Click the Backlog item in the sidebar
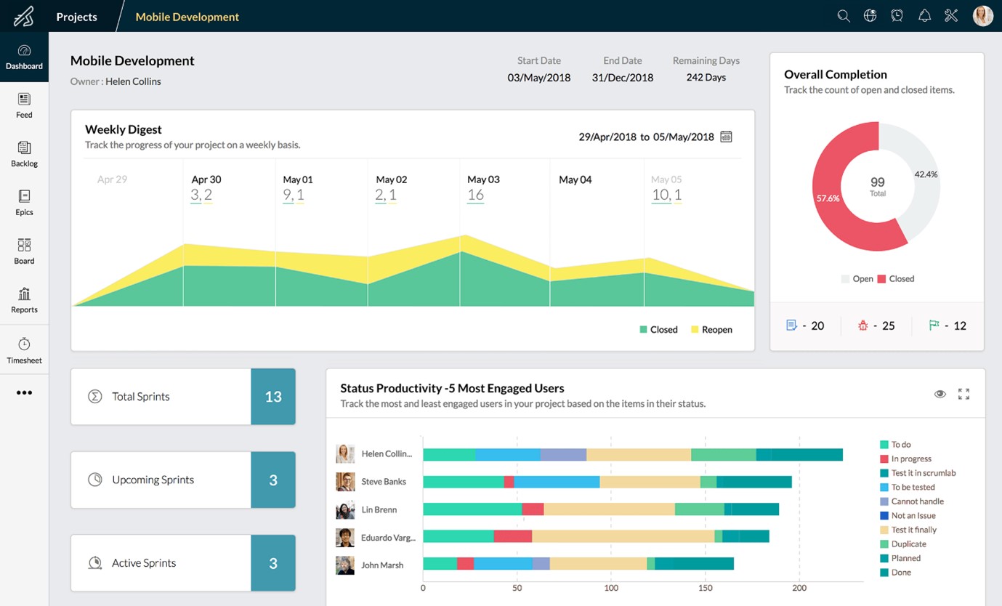coord(24,153)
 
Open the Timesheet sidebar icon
coord(24,350)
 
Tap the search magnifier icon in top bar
coord(843,16)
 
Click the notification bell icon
coord(924,16)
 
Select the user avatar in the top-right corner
coord(982,16)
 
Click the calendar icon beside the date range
coord(726,137)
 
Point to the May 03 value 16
coord(475,195)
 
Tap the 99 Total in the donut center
coord(878,185)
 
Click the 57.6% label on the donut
coord(828,198)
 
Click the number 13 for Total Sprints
coord(273,397)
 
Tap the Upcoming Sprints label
coord(153,480)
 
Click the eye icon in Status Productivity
coord(940,394)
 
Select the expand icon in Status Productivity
coord(963,394)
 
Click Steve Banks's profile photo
coord(345,482)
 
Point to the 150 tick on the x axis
coord(706,588)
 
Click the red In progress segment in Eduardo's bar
coord(512,537)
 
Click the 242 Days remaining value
coord(706,77)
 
